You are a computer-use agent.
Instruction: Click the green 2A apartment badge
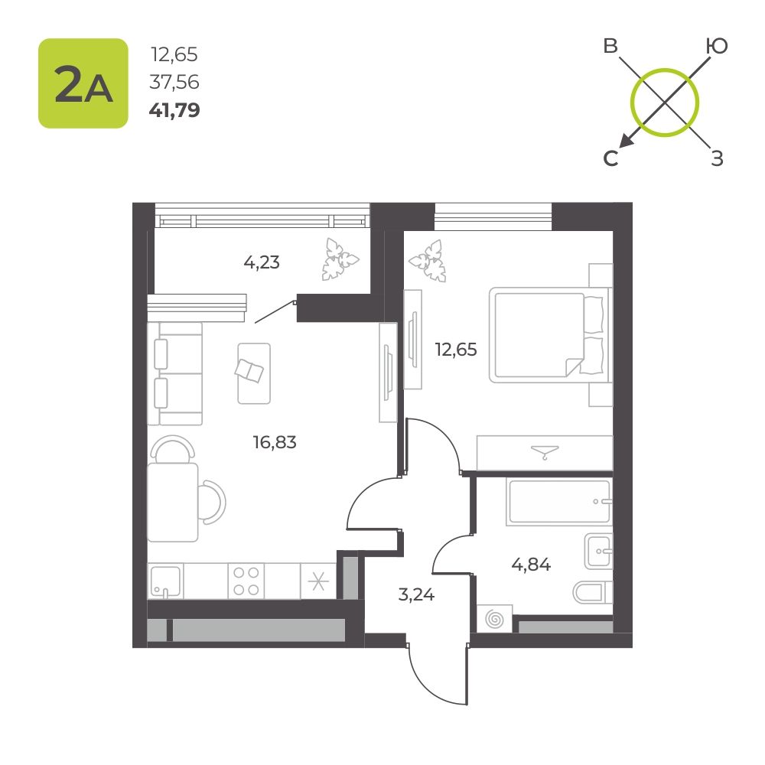[x=83, y=83]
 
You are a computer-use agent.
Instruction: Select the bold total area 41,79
[x=174, y=110]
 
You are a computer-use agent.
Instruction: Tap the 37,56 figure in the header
[x=174, y=82]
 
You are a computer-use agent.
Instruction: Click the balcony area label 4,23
[x=262, y=262]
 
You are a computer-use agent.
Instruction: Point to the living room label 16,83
[x=275, y=442]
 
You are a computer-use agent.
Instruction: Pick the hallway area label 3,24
[x=416, y=594]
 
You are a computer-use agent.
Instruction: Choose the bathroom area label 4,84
[x=531, y=565]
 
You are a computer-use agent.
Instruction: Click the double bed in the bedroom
[x=550, y=335]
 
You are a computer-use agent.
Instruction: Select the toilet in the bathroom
[x=592, y=592]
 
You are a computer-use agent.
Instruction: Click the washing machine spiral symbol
[x=495, y=619]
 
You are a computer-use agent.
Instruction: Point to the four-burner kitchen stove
[x=246, y=581]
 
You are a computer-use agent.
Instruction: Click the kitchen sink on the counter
[x=165, y=581]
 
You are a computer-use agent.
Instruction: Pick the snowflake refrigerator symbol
[x=318, y=581]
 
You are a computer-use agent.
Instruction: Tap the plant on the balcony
[x=340, y=259]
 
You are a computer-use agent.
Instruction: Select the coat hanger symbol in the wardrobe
[x=545, y=452]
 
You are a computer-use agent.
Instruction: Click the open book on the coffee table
[x=249, y=370]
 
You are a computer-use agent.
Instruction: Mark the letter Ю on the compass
[x=717, y=47]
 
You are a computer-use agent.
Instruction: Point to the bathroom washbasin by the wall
[x=599, y=552]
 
